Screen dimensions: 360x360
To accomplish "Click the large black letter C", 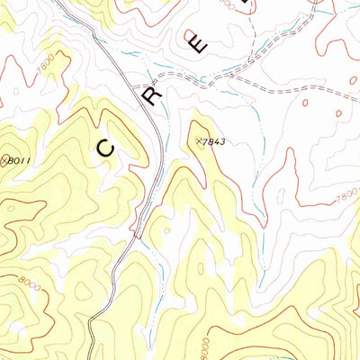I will tap(106, 148).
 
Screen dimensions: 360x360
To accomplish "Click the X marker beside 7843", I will tap(199, 141).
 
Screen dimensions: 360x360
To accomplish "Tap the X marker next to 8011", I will tap(4, 160).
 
